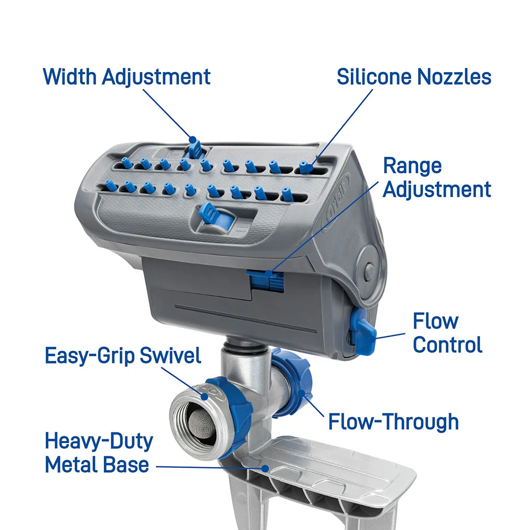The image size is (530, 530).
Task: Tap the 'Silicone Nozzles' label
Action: coord(414,77)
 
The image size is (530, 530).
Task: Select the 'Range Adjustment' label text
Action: coord(437,178)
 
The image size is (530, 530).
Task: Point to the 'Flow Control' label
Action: coord(447,333)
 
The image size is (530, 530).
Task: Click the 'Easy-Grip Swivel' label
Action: coord(123,356)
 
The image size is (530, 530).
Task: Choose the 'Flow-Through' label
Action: coord(393,421)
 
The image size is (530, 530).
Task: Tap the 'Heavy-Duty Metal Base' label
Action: coord(99,453)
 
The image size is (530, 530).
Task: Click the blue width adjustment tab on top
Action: coord(195,149)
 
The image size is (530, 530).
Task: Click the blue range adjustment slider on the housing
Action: coord(266,280)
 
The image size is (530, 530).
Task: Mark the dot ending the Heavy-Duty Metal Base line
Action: coord(266,469)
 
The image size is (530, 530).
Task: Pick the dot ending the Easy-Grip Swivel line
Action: coord(205,396)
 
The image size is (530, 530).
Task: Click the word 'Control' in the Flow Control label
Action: coord(447,344)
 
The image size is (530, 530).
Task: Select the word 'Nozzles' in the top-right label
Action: coord(454,77)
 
